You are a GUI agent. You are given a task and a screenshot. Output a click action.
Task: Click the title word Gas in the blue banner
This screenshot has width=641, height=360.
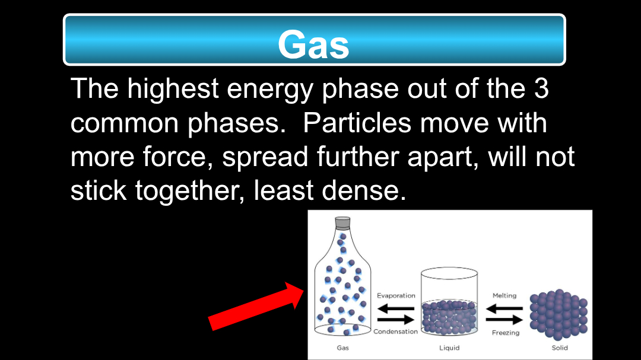pos(313,44)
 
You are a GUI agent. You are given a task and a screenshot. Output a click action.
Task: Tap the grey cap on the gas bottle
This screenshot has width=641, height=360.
pos(342,222)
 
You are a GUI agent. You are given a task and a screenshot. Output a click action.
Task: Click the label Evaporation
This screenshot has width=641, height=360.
pos(396,295)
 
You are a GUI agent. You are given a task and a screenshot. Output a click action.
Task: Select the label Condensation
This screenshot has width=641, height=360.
pos(395,332)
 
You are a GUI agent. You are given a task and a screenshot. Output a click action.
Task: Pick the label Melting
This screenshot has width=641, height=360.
pos(504,295)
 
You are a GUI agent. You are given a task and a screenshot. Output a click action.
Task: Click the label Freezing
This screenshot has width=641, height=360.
pos(506,333)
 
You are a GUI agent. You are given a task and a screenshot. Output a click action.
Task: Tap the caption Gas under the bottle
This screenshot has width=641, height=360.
pos(342,348)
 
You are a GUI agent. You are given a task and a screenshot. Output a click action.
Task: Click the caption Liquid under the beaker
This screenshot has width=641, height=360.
pos(449,348)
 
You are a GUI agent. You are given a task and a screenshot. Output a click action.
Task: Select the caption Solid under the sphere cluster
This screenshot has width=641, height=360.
pos(560,348)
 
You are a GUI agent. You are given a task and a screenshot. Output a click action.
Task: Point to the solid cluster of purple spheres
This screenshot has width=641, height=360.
pos(559,315)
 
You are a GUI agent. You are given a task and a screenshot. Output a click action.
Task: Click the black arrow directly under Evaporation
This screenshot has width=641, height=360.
pos(396,308)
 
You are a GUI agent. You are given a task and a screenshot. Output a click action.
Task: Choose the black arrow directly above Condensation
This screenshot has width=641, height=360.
pos(396,320)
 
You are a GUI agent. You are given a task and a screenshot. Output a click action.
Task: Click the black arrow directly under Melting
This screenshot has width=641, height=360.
pos(504,308)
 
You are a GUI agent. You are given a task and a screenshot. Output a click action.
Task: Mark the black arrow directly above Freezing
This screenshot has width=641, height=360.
pos(504,320)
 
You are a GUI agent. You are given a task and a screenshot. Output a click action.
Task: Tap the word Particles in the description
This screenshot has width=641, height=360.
pos(357,123)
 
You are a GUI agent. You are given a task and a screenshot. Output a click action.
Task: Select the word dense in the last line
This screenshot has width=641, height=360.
pos(364,190)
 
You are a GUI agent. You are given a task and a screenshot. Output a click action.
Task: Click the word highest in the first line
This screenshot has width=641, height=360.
pos(173,89)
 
